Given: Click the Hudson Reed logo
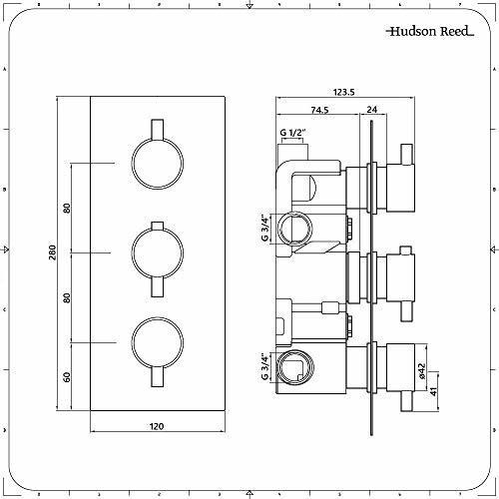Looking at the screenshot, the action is [430, 31].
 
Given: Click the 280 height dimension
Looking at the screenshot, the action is [53, 252].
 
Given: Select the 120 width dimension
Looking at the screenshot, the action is [157, 426].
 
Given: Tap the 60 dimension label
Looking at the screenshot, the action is [67, 377].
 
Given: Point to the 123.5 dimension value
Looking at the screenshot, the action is [344, 92].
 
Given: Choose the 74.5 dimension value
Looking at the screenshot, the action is [319, 110].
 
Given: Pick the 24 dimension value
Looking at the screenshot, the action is [372, 109].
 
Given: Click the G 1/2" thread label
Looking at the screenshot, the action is [292, 133].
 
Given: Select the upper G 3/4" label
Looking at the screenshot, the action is [264, 229].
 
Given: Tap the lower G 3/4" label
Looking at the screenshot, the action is [264, 367].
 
